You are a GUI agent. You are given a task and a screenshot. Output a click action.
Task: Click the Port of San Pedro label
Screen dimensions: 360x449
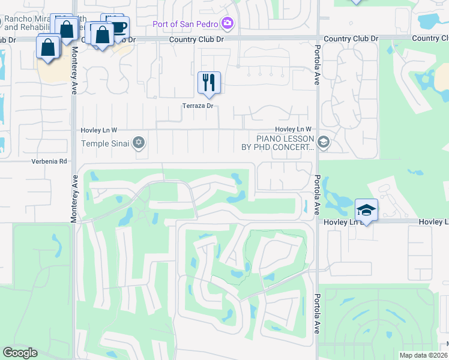coord(183,24)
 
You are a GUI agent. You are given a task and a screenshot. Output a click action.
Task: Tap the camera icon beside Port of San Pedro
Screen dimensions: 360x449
coord(228,24)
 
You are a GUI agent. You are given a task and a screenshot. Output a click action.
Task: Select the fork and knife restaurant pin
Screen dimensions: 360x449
coord(209,83)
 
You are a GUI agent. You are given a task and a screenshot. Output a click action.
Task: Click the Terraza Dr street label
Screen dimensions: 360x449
coord(198,106)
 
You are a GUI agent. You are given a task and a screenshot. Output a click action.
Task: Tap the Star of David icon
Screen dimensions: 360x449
coord(139,143)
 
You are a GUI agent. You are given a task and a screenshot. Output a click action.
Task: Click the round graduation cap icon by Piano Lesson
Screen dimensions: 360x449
coord(324,142)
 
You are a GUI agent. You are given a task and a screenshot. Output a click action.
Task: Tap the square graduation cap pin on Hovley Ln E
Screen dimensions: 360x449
coord(366,210)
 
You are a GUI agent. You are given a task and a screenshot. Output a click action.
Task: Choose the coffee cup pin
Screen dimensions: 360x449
coord(118,26)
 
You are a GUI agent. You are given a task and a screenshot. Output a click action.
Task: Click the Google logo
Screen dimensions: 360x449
coord(20,353)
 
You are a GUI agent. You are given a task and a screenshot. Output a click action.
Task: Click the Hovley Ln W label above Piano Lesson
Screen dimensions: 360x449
coord(294,130)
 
